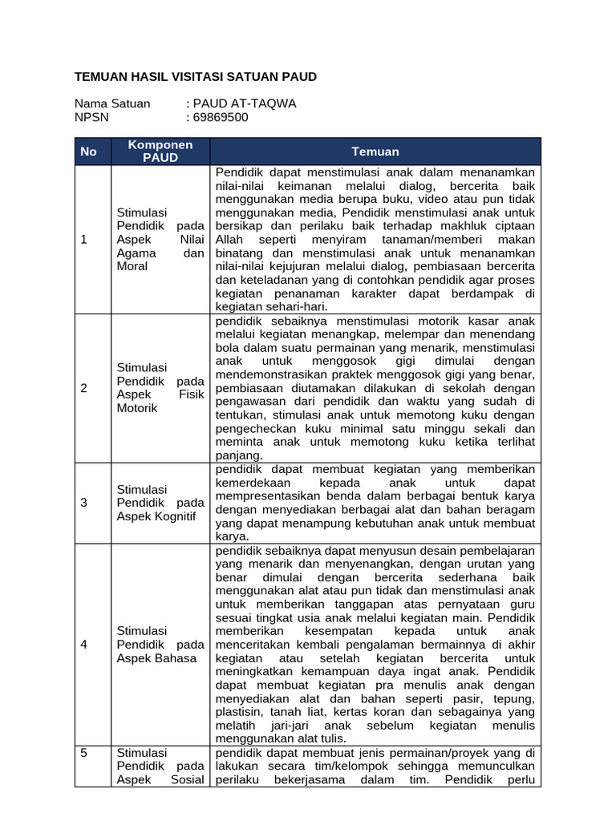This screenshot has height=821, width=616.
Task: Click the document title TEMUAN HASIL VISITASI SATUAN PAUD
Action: pyautogui.click(x=195, y=77)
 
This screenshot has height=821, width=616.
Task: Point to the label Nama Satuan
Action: pyautogui.click(x=112, y=103)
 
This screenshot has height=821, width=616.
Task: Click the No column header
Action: pyautogui.click(x=88, y=152)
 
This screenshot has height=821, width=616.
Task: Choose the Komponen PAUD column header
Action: pyautogui.click(x=160, y=151)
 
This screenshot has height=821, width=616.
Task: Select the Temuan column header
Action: pyautogui.click(x=375, y=152)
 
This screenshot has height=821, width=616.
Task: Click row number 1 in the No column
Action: pyautogui.click(x=83, y=239)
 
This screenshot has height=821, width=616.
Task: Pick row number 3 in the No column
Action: pyautogui.click(x=83, y=503)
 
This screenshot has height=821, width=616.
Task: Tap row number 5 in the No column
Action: pyautogui.click(x=83, y=753)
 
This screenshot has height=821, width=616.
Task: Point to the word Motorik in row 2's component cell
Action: pyautogui.click(x=137, y=408)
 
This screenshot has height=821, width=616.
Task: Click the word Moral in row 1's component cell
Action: pyautogui.click(x=132, y=265)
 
